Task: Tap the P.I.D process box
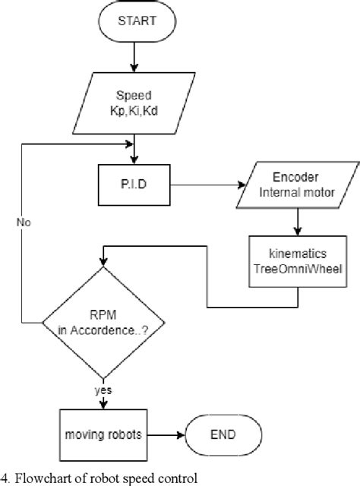click(x=133, y=183)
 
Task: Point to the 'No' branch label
click(x=24, y=223)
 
